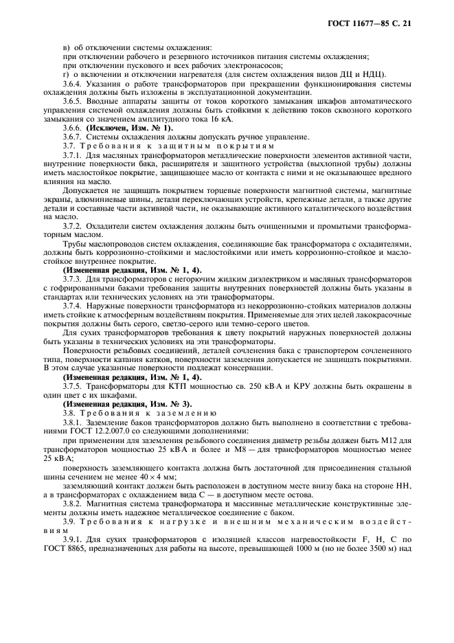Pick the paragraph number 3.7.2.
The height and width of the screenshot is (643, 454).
coord(73,225)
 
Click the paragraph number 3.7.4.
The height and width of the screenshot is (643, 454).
coord(73,306)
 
